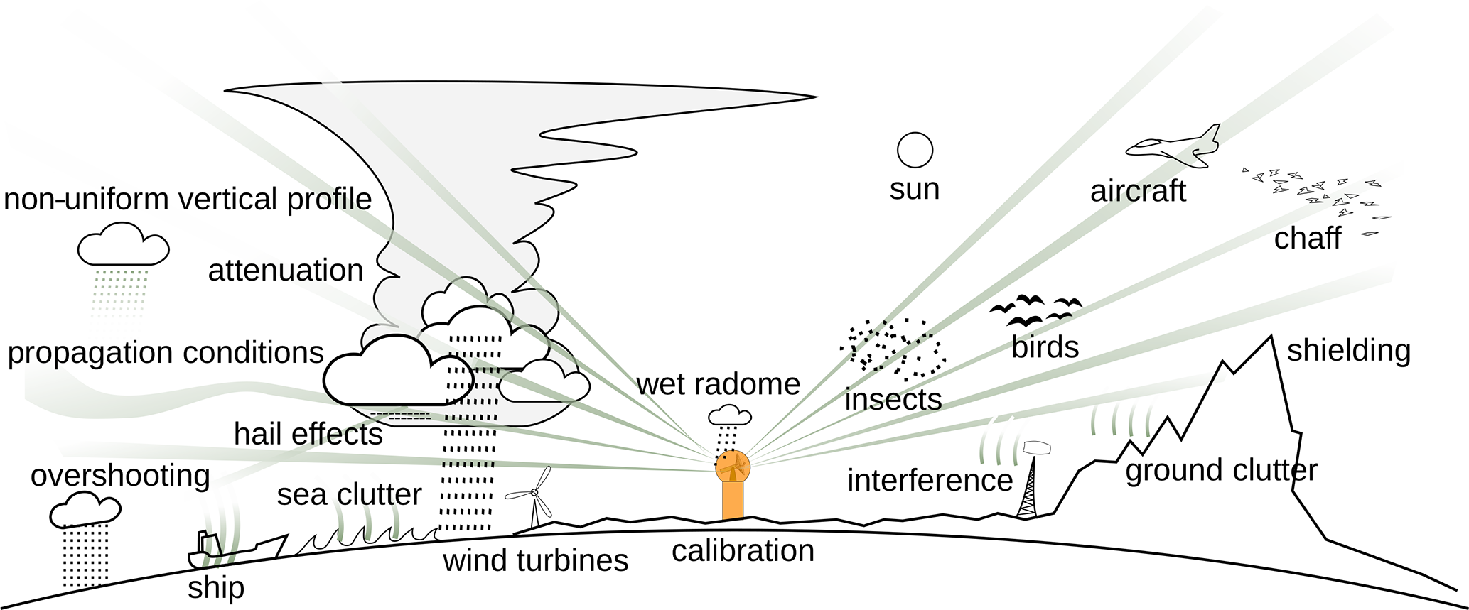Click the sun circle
tap(915, 150)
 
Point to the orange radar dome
tap(733, 466)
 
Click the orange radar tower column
tap(733, 500)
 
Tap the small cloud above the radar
tap(729, 415)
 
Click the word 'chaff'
tap(1307, 239)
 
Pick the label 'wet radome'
tap(718, 384)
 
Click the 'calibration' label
tap(743, 551)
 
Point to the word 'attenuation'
tap(286, 271)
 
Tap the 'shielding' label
tap(1348, 351)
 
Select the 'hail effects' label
tap(308, 434)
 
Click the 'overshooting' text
tap(120, 476)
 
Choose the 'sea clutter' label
tap(349, 495)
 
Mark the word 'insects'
tap(893, 400)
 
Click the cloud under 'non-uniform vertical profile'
tap(123, 245)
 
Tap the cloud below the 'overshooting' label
tap(85, 510)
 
